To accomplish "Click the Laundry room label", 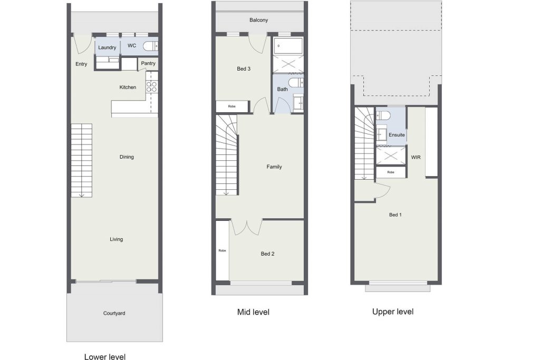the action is tap(107, 47).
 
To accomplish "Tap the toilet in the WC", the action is tap(150, 46).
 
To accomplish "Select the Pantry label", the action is tap(148, 63).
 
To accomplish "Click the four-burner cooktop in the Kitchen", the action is tap(151, 86).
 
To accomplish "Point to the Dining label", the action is tap(127, 157).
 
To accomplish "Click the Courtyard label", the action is tap(114, 313).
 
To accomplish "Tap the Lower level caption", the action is tap(105, 356).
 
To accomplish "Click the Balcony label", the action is tap(258, 20).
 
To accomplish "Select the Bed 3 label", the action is tap(244, 69).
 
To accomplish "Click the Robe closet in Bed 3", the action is tap(232, 106).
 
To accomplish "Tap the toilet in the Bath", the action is tap(296, 83).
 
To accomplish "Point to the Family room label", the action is tap(274, 167).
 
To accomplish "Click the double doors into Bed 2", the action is tap(247, 227).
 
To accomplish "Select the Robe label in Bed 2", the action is tap(222, 250).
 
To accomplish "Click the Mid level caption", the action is tap(253, 312).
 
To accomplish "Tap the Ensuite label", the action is tap(397, 135).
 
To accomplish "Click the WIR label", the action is tap(416, 157).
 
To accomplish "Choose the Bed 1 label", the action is tap(396, 215).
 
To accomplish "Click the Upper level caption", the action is tap(393, 312).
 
